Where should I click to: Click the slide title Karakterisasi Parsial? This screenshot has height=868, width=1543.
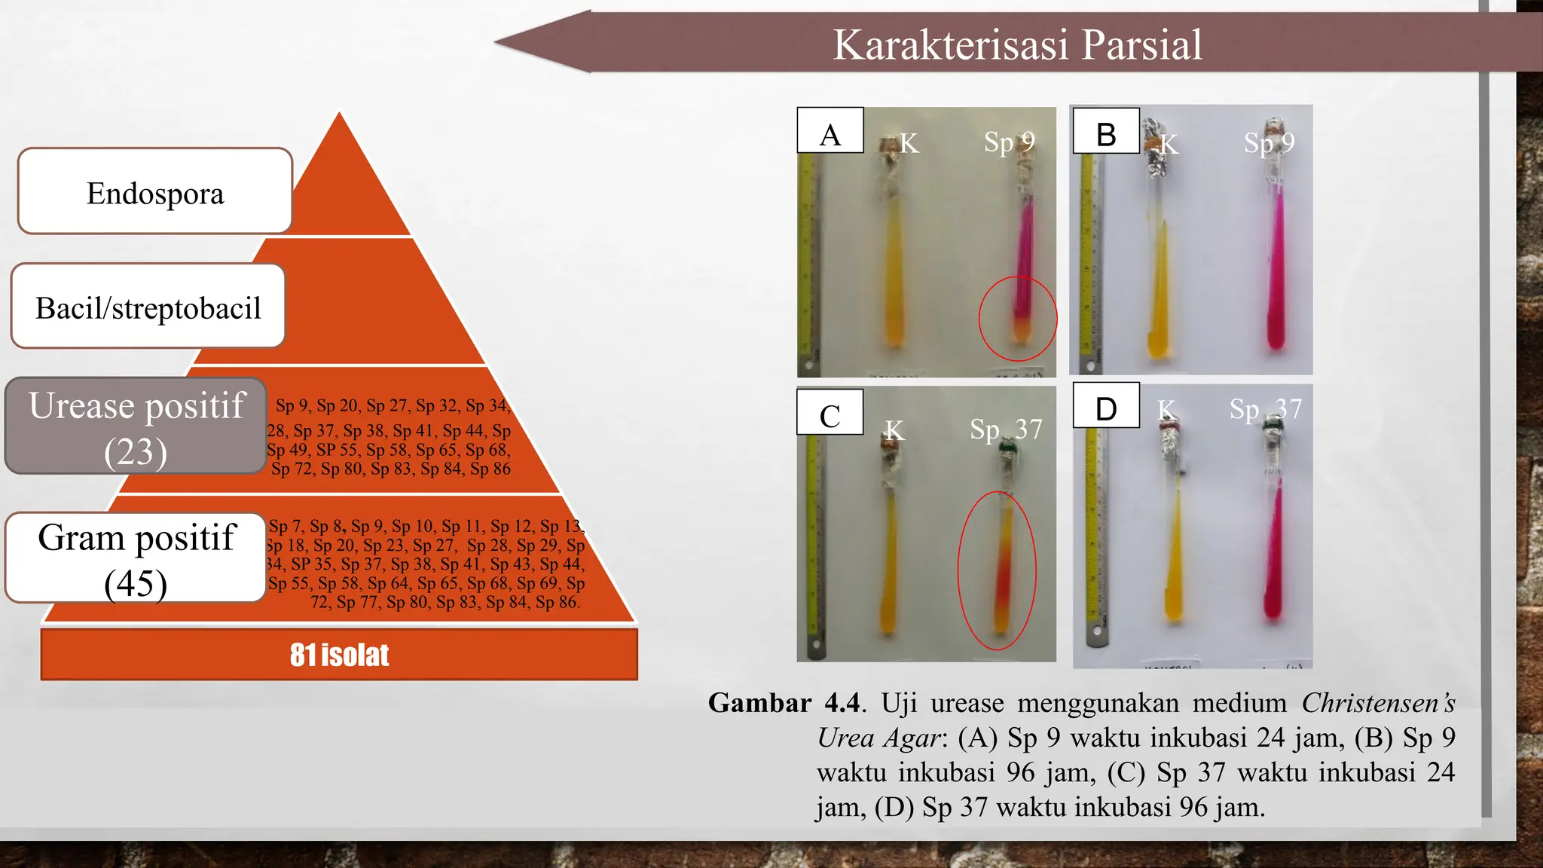pyautogui.click(x=1016, y=44)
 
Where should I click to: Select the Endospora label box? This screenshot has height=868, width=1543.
pyautogui.click(x=154, y=193)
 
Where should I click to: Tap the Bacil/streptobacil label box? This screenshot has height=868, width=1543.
pyautogui.click(x=148, y=307)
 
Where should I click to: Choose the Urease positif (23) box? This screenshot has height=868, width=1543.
pyautogui.click(x=136, y=426)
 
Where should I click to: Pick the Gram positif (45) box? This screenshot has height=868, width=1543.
pyautogui.click(x=136, y=558)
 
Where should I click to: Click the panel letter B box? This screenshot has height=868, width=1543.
pyautogui.click(x=1105, y=133)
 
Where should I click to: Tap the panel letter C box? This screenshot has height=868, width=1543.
pyautogui.click(x=830, y=414)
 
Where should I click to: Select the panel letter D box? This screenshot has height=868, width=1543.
pyautogui.click(x=1105, y=408)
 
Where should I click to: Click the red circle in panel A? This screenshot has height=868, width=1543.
pyautogui.click(x=1017, y=318)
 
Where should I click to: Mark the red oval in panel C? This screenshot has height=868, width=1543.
pyautogui.click(x=997, y=570)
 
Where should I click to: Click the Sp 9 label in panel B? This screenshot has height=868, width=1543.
pyautogui.click(x=1269, y=142)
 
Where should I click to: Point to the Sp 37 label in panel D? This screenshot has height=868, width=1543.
pyautogui.click(x=1265, y=409)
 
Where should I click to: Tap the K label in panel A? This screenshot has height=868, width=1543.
pyautogui.click(x=909, y=143)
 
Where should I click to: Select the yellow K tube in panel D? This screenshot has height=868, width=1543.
pyautogui.click(x=1173, y=558)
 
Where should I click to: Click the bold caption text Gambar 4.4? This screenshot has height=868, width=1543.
pyautogui.click(x=784, y=704)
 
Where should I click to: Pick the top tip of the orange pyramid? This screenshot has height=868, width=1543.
pyautogui.click(x=340, y=115)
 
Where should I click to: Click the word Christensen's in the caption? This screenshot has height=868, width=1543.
pyautogui.click(x=1377, y=704)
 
